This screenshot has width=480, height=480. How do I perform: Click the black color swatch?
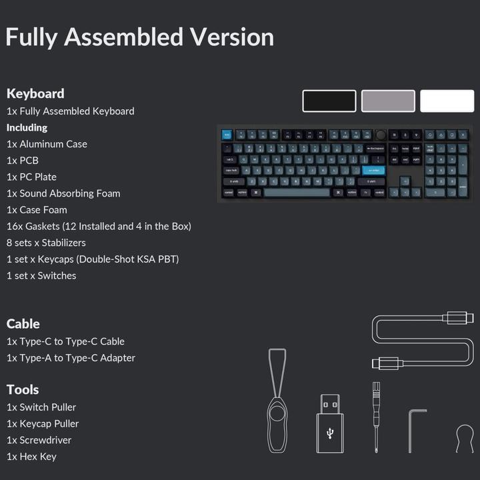click(329, 101)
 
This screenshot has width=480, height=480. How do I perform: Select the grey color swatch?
click(388, 101)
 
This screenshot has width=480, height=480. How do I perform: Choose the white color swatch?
click(447, 101)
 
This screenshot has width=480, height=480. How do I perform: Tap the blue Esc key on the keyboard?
click(227, 135)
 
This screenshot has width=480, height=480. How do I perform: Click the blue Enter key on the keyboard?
click(373, 170)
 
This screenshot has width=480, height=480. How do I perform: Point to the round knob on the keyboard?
click(381, 135)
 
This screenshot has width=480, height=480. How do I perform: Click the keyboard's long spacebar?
click(297, 193)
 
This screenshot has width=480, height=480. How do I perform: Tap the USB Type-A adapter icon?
click(330, 424)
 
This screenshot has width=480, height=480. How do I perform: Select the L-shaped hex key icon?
click(410, 431)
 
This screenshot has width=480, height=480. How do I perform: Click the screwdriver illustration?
click(376, 417)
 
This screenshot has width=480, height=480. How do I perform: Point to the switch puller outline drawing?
click(277, 401)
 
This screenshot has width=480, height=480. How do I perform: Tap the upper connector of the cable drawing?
click(458, 318)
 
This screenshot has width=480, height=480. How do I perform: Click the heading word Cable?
click(23, 324)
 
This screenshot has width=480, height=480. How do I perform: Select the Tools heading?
click(23, 390)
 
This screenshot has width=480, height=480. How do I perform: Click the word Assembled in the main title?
click(124, 37)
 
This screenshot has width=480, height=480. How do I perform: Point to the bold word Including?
click(27, 127)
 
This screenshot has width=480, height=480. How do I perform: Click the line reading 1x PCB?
click(23, 161)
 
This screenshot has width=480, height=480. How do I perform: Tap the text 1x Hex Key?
click(31, 457)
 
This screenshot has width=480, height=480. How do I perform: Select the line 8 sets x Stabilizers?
click(46, 243)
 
